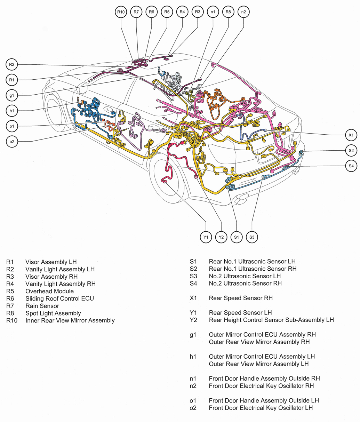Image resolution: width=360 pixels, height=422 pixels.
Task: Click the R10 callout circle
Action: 121,12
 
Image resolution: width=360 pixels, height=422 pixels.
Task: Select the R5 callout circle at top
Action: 167,12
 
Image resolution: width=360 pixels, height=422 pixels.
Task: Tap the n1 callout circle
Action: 213,12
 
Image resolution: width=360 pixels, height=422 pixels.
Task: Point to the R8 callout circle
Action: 228,12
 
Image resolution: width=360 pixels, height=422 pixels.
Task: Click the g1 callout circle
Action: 11,95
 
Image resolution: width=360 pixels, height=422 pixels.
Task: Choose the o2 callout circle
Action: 11,141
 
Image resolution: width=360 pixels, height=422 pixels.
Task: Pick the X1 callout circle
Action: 351,135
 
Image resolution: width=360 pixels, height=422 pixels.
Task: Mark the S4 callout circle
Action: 351,166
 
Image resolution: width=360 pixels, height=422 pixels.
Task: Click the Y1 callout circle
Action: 206,237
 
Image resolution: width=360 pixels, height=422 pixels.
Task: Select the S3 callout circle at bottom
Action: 252,237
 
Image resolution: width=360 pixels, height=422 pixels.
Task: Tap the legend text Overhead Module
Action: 49,291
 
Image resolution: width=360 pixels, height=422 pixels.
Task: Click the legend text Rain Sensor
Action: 42,306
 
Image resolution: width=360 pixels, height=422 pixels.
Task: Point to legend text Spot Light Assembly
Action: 53,313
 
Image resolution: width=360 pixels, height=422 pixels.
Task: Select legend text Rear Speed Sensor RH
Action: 241,298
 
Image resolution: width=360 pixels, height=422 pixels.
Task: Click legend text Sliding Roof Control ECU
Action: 59,298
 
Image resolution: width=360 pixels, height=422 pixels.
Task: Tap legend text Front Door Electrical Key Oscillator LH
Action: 261,408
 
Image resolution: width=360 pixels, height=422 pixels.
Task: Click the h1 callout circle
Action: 11,111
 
